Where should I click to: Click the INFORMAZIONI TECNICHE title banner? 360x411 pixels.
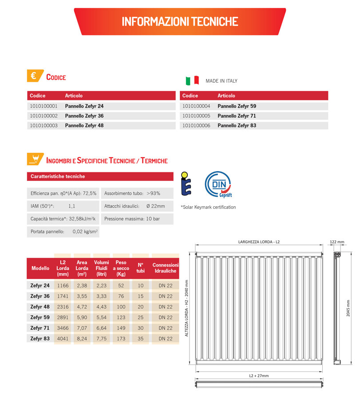pyautogui.click(x=180, y=21)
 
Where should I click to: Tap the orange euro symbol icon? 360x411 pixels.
pyautogui.click(x=34, y=76)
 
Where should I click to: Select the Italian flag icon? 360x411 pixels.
pyautogui.click(x=192, y=81)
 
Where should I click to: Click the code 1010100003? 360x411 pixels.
pyautogui.click(x=44, y=126)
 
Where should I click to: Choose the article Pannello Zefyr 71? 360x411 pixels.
pyautogui.click(x=237, y=116)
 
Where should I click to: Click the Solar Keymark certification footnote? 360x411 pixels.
pyautogui.click(x=208, y=207)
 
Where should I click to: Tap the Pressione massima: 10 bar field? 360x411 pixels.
pyautogui.click(x=132, y=219)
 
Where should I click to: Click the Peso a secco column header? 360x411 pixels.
pyautogui.click(x=121, y=268)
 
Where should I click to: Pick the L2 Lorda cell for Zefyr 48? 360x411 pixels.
pyautogui.click(x=63, y=307)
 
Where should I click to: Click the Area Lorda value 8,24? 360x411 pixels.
pyautogui.click(x=82, y=339)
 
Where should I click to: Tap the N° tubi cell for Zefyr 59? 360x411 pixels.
pyautogui.click(x=141, y=317)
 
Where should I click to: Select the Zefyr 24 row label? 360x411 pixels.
pyautogui.click(x=40, y=285)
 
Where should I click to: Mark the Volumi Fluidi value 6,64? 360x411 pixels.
pyautogui.click(x=101, y=328)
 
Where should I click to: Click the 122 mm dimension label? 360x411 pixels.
pyautogui.click(x=337, y=242)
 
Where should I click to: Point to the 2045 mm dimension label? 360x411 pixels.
pyautogui.click(x=348, y=307)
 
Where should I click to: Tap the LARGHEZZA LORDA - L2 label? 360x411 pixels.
pyautogui.click(x=259, y=242)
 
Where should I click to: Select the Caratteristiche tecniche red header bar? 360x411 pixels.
pyautogui.click(x=100, y=176)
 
